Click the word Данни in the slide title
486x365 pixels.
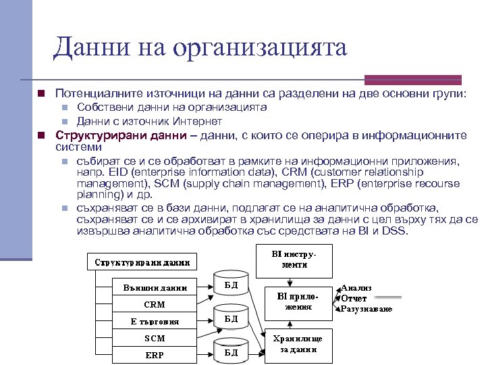[86, 47]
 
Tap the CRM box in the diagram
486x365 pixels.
[155, 304]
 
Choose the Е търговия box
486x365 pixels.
[155, 321]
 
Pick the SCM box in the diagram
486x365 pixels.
[155, 338]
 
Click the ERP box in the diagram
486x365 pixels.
[155, 355]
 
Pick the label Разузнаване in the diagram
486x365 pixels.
[367, 309]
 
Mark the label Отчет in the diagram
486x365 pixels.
[354, 298]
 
